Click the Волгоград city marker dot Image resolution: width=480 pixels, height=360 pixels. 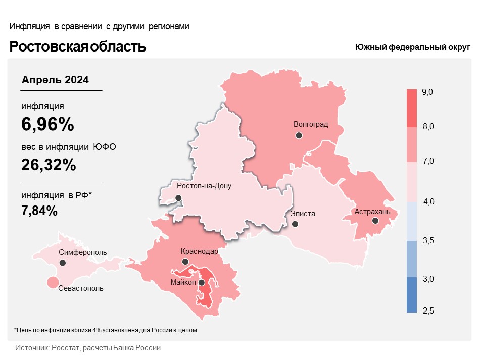299,135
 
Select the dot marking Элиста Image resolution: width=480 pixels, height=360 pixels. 295,224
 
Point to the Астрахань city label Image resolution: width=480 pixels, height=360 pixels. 372,212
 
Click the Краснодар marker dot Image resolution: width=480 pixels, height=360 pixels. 185,262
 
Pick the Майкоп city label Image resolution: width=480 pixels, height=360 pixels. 183,282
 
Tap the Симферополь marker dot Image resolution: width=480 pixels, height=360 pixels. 63,263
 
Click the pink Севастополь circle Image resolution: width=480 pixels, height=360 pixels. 52,283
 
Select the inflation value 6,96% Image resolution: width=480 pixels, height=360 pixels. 48,124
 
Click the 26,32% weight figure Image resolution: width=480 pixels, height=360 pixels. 49,165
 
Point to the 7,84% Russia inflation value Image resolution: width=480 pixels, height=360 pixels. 39,211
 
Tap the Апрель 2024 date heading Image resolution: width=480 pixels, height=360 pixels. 56,80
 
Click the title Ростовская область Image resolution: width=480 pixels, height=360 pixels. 78,47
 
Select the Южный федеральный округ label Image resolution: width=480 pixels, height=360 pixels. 412,47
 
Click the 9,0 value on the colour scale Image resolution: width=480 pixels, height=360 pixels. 428,92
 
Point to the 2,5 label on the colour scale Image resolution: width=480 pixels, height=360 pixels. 428,311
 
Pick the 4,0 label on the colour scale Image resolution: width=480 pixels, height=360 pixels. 428,202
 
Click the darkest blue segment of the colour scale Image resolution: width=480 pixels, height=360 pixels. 412,295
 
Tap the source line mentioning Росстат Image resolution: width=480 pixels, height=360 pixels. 88,348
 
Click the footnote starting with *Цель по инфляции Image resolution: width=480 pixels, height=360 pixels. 105,330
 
